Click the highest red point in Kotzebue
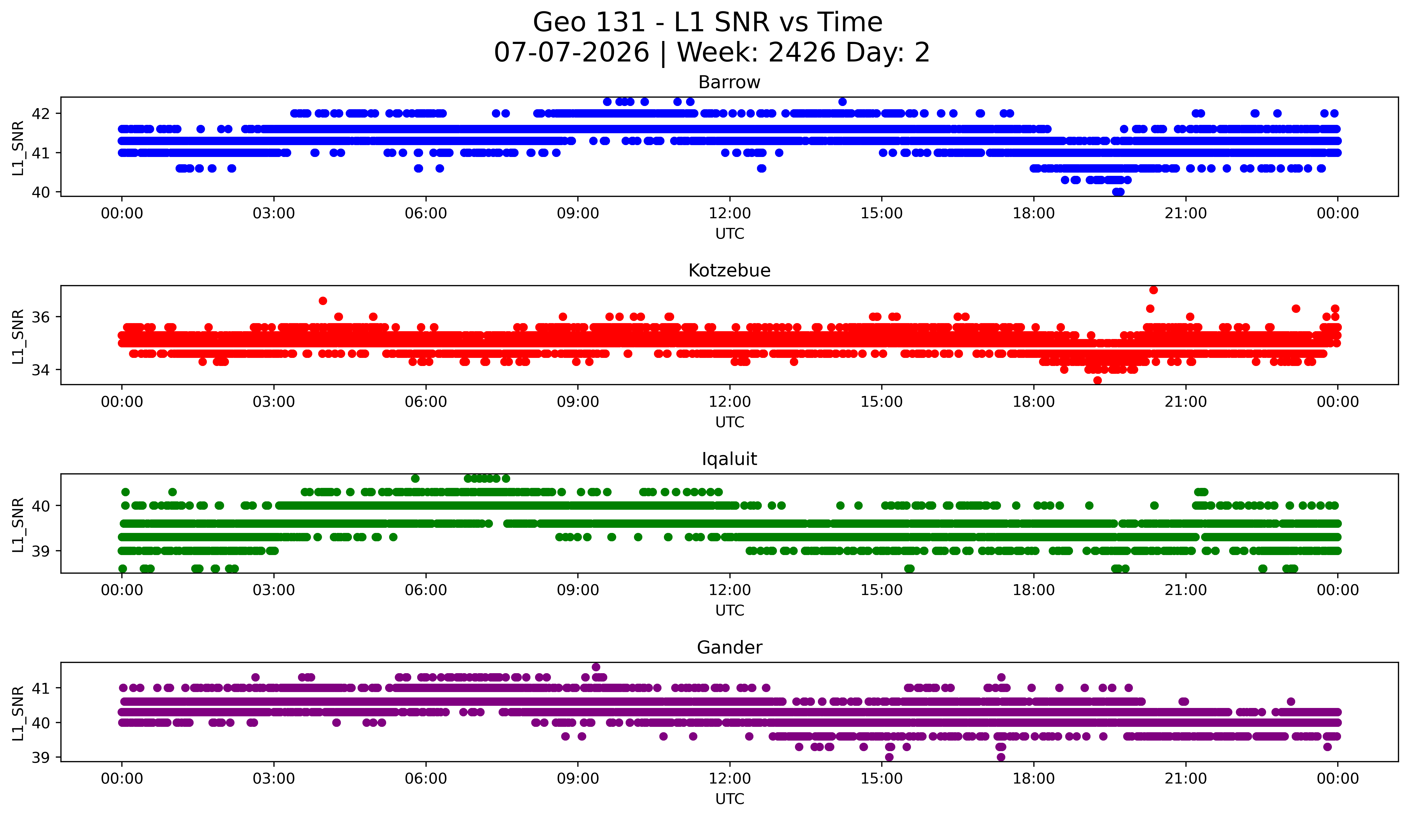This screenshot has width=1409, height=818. pos(1153,290)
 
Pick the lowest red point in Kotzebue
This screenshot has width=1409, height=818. pos(1098,381)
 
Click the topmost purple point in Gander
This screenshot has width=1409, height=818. pos(596,667)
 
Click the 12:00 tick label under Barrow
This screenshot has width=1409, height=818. pos(730,214)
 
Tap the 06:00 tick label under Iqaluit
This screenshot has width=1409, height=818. pos(426,590)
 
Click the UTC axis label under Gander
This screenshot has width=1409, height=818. pos(730,799)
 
